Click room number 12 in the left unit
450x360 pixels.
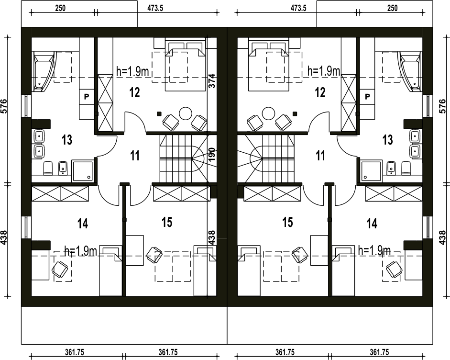point(134,92)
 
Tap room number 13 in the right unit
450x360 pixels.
point(387,140)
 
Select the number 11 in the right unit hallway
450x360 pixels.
point(320,156)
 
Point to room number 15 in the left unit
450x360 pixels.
point(167,222)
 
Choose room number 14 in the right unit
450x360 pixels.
point(372,223)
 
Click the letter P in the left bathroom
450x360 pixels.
point(87,97)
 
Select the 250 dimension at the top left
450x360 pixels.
point(60,8)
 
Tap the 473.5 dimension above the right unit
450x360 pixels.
point(298,8)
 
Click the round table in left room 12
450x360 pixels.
point(185,113)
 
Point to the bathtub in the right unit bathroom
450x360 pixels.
point(410,71)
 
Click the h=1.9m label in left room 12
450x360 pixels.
point(132,71)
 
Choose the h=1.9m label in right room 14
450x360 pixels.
point(374,250)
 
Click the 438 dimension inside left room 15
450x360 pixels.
point(211,237)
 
